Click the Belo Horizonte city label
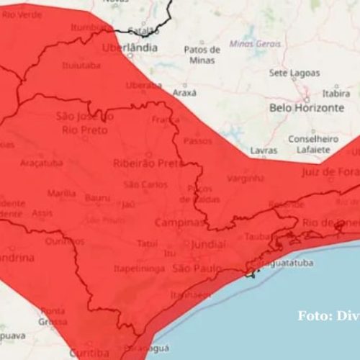pos(305,107)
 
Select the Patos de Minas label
pos(202,55)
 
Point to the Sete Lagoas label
pos(294,73)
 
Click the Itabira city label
pos(335,93)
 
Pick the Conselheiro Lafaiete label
pos(309,143)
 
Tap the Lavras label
pos(264,150)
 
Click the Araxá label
pos(185,93)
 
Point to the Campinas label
pos(180,223)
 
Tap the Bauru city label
pos(97,197)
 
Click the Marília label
pos(61,193)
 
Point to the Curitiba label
pos(89,352)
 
